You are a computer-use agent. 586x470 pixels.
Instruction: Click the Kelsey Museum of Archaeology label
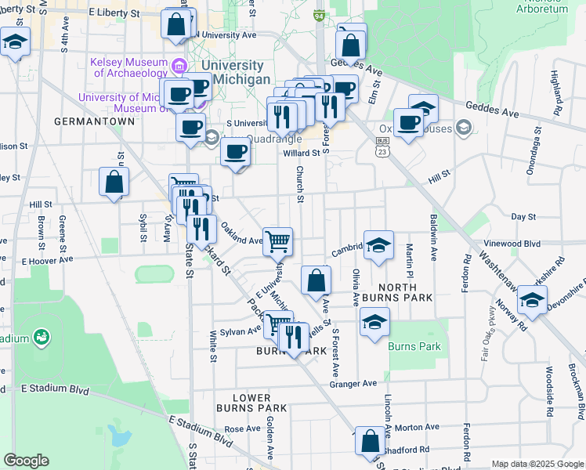130,67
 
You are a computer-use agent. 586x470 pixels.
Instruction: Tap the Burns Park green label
415,346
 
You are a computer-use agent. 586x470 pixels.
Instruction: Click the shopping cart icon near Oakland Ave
277,241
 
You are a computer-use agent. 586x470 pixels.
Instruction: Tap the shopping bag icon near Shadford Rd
370,441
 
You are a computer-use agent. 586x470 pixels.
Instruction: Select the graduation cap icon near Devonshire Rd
532,302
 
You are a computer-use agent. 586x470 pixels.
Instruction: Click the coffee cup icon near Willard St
235,152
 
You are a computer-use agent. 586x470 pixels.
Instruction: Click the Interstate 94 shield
319,16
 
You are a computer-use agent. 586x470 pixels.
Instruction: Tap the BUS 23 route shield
382,145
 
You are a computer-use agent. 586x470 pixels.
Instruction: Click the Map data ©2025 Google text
537,464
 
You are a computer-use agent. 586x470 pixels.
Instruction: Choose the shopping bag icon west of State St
114,183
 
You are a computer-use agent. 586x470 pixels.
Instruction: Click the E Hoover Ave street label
47,259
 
